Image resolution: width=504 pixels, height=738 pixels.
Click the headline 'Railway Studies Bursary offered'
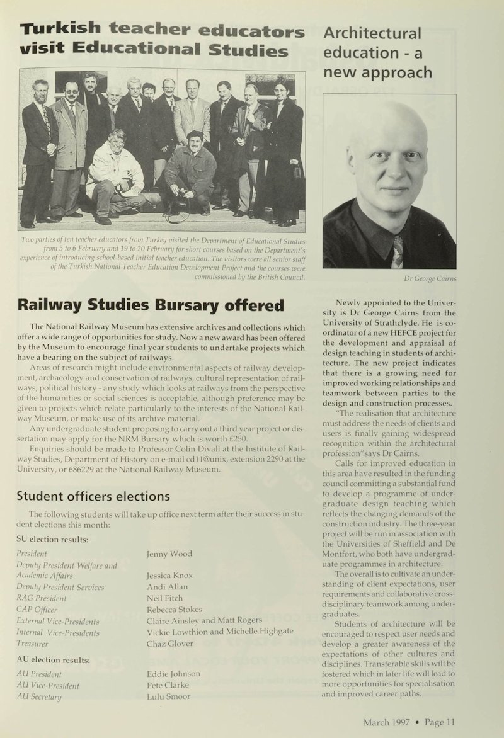coord(150,306)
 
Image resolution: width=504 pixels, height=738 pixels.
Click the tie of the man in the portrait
coord(398,251)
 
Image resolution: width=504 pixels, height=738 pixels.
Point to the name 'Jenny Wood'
coord(169,553)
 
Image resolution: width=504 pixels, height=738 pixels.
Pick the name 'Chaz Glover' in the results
coord(170,644)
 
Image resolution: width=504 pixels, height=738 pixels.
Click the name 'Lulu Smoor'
coord(168,696)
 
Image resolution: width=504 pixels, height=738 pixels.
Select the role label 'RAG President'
coord(42,598)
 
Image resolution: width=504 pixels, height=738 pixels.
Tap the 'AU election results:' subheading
coord(53,660)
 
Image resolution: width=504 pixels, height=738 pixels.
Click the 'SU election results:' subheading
coord(52,540)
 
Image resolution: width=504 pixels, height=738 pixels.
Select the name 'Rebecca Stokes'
coord(175,610)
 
